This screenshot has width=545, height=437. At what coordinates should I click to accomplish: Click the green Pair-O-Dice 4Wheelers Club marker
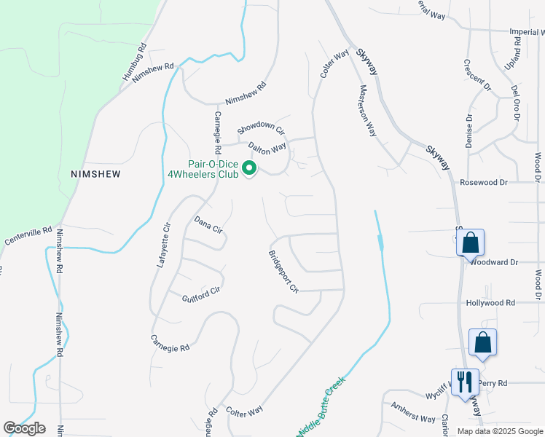coord(249,169)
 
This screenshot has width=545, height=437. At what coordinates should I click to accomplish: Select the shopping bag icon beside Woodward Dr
coord(471,243)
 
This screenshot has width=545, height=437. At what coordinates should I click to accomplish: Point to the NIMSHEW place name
coord(94,175)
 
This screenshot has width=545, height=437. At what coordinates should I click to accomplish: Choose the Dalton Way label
coord(267,148)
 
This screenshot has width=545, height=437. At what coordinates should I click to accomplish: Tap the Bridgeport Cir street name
coord(283,272)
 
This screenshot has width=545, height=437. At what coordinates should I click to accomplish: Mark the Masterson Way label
coord(368,111)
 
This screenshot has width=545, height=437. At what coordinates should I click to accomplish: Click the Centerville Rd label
coord(28,236)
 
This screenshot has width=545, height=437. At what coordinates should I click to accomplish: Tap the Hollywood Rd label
coord(490,302)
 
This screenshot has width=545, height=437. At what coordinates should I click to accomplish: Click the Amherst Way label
coord(413,413)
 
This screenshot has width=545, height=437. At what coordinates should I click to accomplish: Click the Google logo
coord(24,428)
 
